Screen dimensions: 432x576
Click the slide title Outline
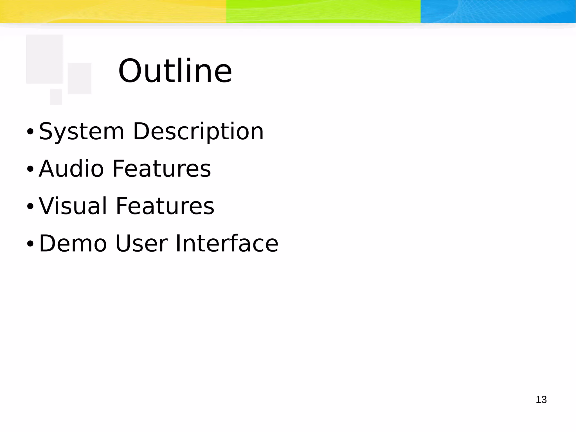coord(175,71)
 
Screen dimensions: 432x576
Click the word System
coord(81,131)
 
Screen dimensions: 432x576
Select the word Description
coord(198,131)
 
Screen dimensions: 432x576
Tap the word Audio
coord(71,169)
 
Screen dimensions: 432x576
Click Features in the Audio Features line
coord(162,169)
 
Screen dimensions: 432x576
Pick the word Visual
coord(73,206)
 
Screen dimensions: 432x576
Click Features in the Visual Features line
coord(165,206)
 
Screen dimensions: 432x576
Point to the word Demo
coord(73,243)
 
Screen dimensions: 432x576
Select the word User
coord(141,243)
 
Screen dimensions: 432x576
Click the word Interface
coord(227,243)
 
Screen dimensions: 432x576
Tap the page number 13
coord(541,400)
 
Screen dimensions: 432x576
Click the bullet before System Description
coord(30,131)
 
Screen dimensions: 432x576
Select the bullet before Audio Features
coord(30,169)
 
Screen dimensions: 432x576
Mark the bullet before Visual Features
coord(30,207)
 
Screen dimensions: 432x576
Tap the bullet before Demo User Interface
coord(30,244)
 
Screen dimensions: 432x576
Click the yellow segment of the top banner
coord(112,11)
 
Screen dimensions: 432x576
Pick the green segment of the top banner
coord(323,11)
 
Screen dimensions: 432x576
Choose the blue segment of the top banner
coord(498,11)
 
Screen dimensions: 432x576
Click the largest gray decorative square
coord(44,59)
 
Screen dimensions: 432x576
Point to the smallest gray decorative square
coord(56,97)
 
